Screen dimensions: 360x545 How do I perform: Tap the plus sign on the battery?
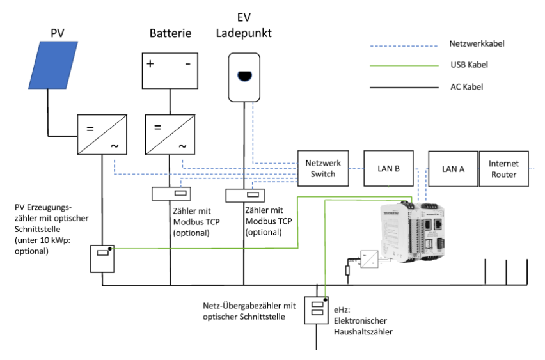150,65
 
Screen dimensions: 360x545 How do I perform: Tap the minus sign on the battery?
187,65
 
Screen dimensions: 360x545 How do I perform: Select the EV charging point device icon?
244,77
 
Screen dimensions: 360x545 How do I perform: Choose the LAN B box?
388,169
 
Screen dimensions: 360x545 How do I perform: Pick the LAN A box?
452,169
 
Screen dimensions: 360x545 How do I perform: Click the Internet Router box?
505,169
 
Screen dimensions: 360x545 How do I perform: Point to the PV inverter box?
102,135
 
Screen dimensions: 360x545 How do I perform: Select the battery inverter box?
170,135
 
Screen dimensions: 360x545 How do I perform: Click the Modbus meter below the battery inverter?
170,194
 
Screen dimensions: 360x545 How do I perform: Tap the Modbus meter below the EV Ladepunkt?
244,194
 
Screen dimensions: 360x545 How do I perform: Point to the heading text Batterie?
170,33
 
